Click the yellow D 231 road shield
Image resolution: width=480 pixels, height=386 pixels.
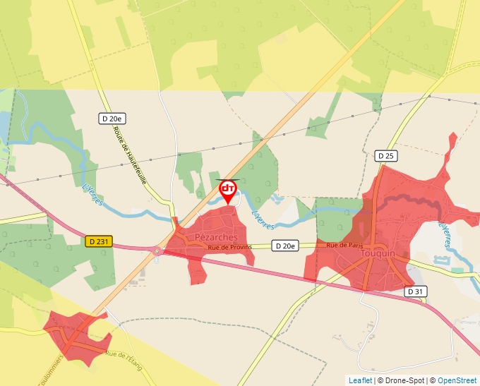(100, 241)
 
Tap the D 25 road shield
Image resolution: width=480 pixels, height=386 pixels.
(385, 155)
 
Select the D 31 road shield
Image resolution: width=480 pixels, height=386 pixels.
(416, 291)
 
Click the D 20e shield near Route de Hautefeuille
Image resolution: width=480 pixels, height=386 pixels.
(113, 119)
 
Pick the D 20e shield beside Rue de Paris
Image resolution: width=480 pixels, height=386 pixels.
(285, 246)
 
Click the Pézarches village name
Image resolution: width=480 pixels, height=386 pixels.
(216, 238)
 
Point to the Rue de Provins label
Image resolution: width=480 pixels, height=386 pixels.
(229, 247)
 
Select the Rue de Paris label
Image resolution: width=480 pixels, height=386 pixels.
(344, 245)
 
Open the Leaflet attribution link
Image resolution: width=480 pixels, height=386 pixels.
(360, 380)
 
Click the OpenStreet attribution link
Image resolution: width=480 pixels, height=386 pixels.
(458, 380)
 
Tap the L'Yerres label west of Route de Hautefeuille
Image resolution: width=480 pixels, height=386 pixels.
(92, 193)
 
